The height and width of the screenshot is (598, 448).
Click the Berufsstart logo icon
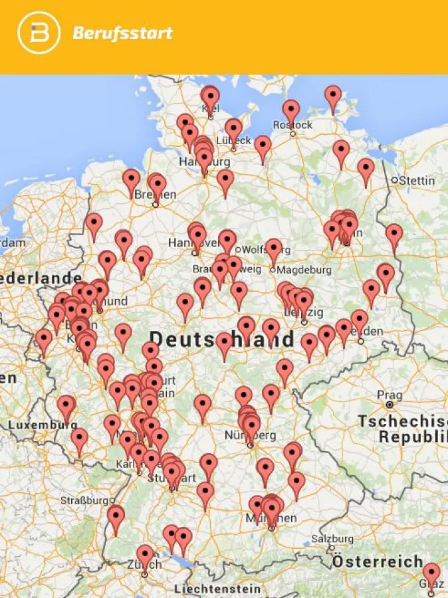tap(39, 33)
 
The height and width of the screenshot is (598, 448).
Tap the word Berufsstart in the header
tap(123, 33)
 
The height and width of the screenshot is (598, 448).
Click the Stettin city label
tap(418, 180)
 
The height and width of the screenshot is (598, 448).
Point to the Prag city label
tap(390, 395)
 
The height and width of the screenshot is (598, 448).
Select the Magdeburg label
tap(304, 270)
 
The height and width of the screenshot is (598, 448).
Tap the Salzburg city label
tap(332, 538)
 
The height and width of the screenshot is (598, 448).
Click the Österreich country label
tap(378, 561)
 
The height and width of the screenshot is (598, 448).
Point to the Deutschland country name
tap(221, 340)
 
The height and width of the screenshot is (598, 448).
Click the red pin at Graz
tap(431, 573)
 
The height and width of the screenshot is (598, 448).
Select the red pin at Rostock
tap(290, 111)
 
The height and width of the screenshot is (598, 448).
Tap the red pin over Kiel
tap(210, 97)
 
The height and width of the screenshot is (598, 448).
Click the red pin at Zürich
tap(145, 555)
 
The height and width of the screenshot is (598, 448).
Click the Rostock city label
tap(292, 125)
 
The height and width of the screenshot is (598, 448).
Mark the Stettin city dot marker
tap(395, 180)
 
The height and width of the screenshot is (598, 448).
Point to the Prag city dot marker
tap(390, 404)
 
